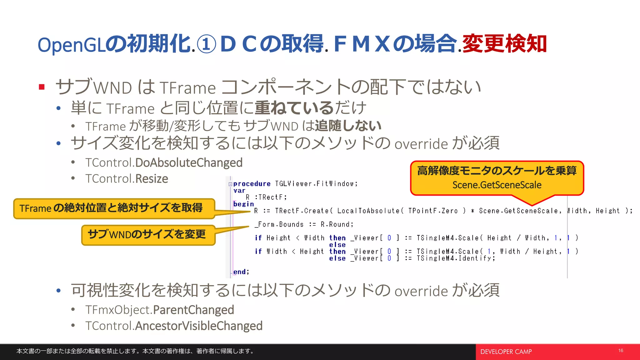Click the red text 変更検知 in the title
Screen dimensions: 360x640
pos(504,44)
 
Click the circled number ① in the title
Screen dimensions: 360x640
pos(207,45)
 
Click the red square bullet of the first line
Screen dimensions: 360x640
pos(42,87)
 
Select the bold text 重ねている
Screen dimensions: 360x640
pos(294,108)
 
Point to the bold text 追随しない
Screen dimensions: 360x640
pos(348,126)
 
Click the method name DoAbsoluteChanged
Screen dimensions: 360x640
pos(189,162)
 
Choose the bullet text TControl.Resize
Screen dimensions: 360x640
pos(127,179)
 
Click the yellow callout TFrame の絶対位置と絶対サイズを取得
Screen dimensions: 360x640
pos(114,208)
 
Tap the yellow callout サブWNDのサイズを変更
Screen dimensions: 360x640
pos(148,235)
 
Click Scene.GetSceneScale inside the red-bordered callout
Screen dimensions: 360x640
pos(497,185)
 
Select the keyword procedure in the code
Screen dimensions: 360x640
pos(252,184)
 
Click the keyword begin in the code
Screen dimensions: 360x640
pos(243,204)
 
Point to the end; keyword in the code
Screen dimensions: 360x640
pos(241,272)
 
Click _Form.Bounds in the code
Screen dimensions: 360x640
pos(279,224)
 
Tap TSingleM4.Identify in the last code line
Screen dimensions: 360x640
pos(455,258)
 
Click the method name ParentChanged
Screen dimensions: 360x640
pos(193,310)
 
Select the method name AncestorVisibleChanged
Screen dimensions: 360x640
pos(199,326)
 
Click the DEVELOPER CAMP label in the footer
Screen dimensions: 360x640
pos(506,352)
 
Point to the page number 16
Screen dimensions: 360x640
pos(621,351)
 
